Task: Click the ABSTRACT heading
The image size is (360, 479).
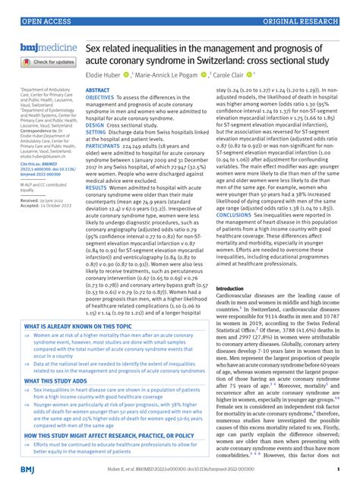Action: (x=97, y=90)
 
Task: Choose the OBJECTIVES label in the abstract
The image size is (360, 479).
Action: (x=100, y=99)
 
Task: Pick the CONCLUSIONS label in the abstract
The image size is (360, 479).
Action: (x=238, y=192)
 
